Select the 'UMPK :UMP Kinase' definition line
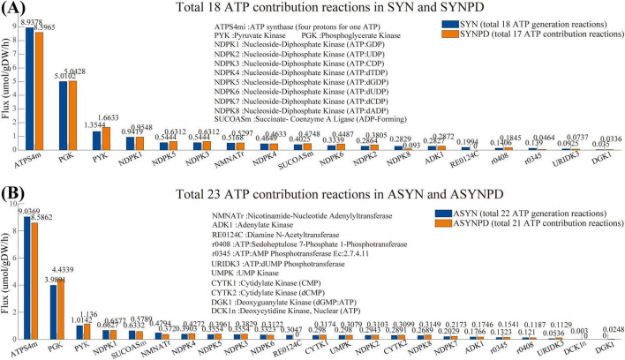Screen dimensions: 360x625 point(250,282)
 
